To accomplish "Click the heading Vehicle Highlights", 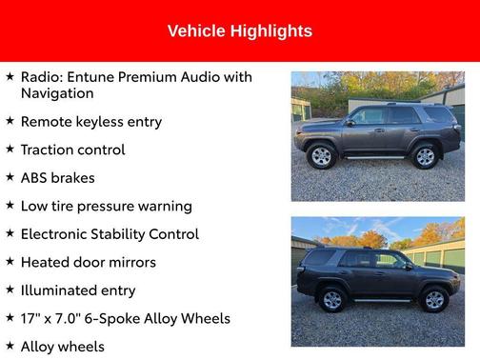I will point(239,31).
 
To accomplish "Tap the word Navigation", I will point(57,93).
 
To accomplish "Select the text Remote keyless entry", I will point(91,122).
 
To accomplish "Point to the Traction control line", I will point(72,150).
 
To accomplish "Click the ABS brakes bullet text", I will point(58,178).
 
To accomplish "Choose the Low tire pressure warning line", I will point(106,206).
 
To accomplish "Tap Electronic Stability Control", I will point(110,234).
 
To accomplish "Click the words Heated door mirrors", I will point(89,262).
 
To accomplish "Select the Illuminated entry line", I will point(78,290).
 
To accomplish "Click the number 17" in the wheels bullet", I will point(30,319).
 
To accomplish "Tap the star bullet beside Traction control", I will point(10,150).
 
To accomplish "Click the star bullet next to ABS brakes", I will point(10,178).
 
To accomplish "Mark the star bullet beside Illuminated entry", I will point(10,290).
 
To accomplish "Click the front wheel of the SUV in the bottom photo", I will point(435,300).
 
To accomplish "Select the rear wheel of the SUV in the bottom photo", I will point(332,300).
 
